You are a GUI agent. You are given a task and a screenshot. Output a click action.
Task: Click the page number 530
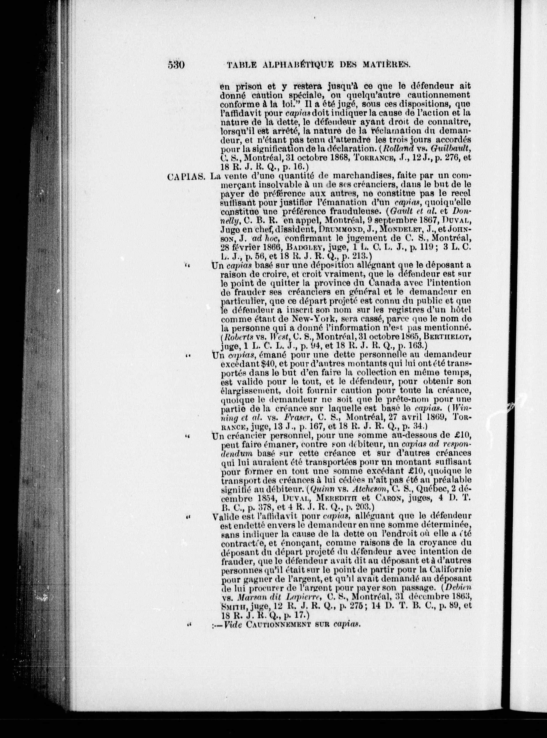[x=176, y=65]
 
